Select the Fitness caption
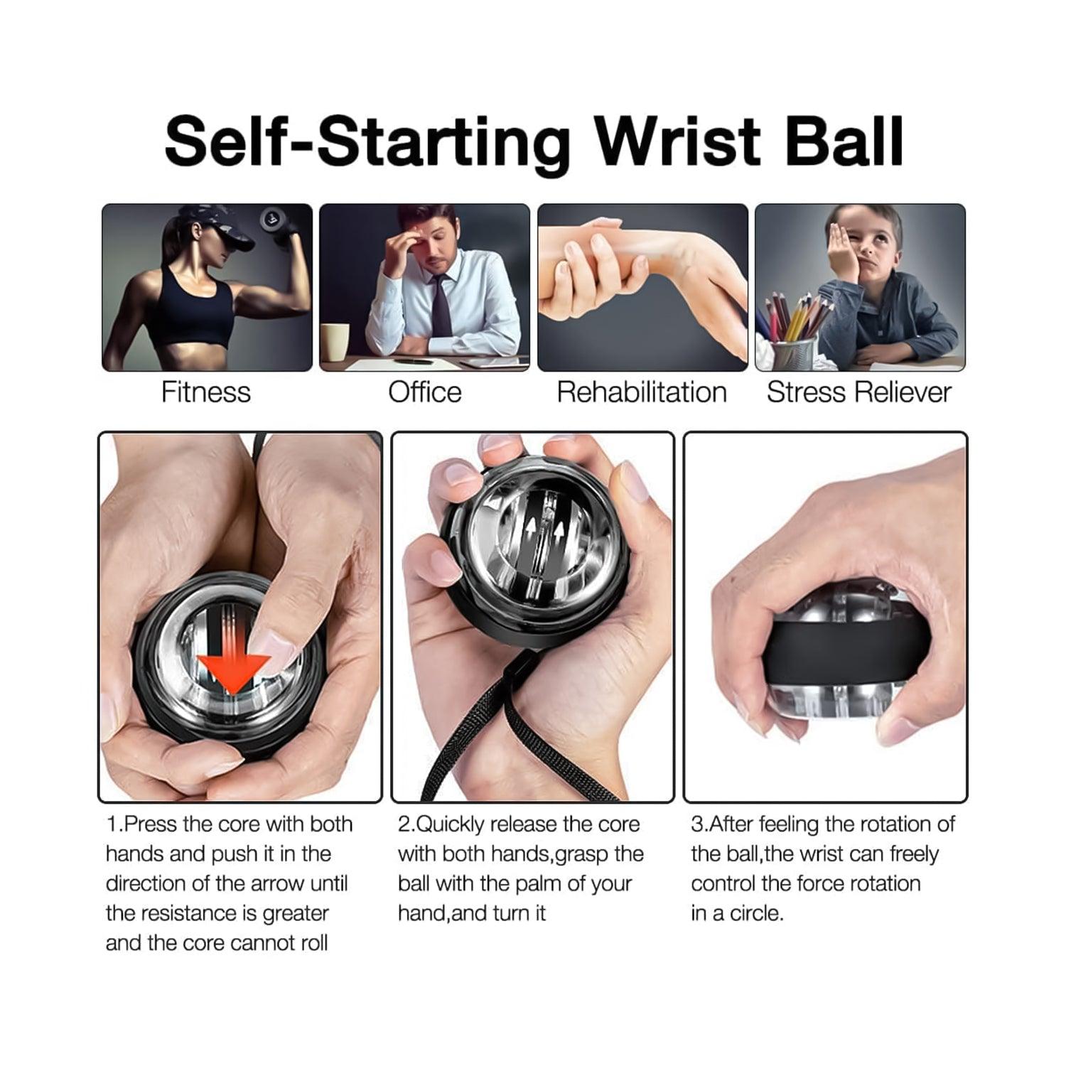[x=205, y=392]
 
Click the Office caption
[x=424, y=392]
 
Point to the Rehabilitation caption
[x=642, y=392]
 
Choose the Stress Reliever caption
[x=858, y=392]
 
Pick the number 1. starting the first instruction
[x=114, y=824]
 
